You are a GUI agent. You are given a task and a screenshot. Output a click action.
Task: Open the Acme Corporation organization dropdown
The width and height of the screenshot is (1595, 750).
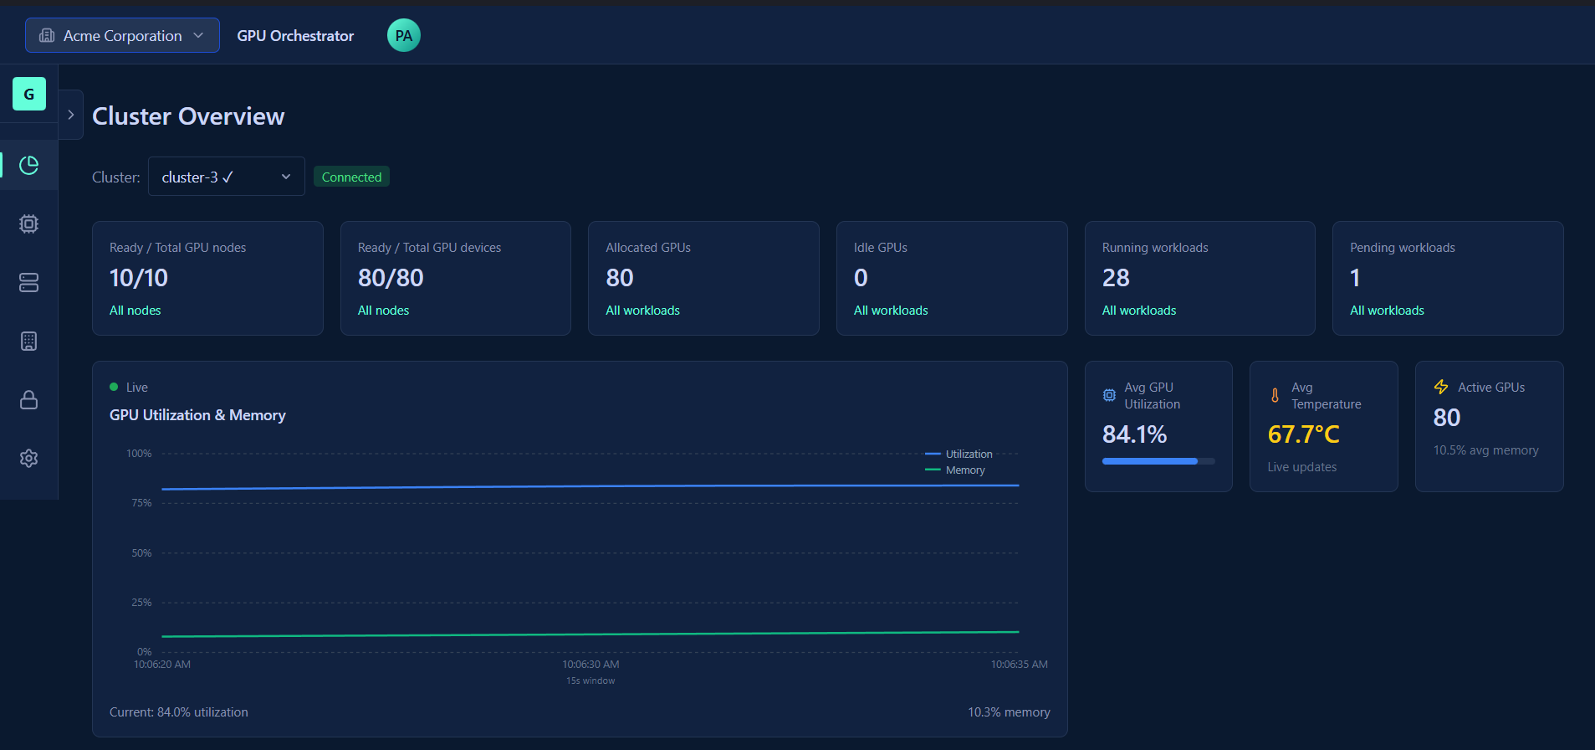click(x=122, y=35)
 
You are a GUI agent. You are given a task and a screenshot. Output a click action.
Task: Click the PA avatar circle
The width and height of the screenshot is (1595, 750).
click(x=403, y=35)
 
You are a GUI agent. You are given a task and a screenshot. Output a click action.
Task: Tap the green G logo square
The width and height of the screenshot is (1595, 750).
click(x=29, y=94)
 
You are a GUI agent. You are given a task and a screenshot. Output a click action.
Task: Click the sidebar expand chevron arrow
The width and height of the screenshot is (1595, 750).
click(x=71, y=115)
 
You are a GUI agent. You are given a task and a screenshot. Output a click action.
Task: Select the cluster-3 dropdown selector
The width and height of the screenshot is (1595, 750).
click(x=226, y=177)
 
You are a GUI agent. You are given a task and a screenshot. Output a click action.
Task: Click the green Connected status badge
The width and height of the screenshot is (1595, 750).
click(x=351, y=177)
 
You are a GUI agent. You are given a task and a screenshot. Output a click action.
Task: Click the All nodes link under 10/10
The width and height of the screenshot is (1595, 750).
click(x=135, y=311)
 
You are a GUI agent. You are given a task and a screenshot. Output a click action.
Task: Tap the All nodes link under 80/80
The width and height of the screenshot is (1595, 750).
click(x=383, y=311)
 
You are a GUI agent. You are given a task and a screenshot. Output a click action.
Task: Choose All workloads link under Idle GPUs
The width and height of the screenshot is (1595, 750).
click(x=890, y=311)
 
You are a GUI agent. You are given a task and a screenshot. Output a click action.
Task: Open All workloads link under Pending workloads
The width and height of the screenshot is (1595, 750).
click(x=1386, y=311)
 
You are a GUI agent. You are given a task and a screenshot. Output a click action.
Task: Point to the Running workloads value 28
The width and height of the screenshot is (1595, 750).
click(x=1115, y=278)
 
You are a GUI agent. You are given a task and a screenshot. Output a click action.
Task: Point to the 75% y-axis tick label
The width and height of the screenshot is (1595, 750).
click(x=141, y=503)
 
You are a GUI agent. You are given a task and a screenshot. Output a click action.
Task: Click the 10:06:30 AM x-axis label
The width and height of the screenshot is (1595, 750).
click(x=590, y=665)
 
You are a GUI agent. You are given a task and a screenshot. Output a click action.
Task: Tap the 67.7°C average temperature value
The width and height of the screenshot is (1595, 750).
click(x=1303, y=434)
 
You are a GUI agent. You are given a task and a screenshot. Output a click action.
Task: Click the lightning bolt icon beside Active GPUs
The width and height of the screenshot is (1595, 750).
click(x=1440, y=387)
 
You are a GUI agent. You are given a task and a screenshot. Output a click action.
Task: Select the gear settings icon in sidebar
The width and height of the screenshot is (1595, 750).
click(x=29, y=458)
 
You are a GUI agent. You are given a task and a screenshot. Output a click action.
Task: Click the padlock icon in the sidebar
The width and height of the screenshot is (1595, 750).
click(x=29, y=399)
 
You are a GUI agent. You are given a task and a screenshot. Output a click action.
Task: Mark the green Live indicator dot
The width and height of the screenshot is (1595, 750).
click(x=114, y=387)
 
